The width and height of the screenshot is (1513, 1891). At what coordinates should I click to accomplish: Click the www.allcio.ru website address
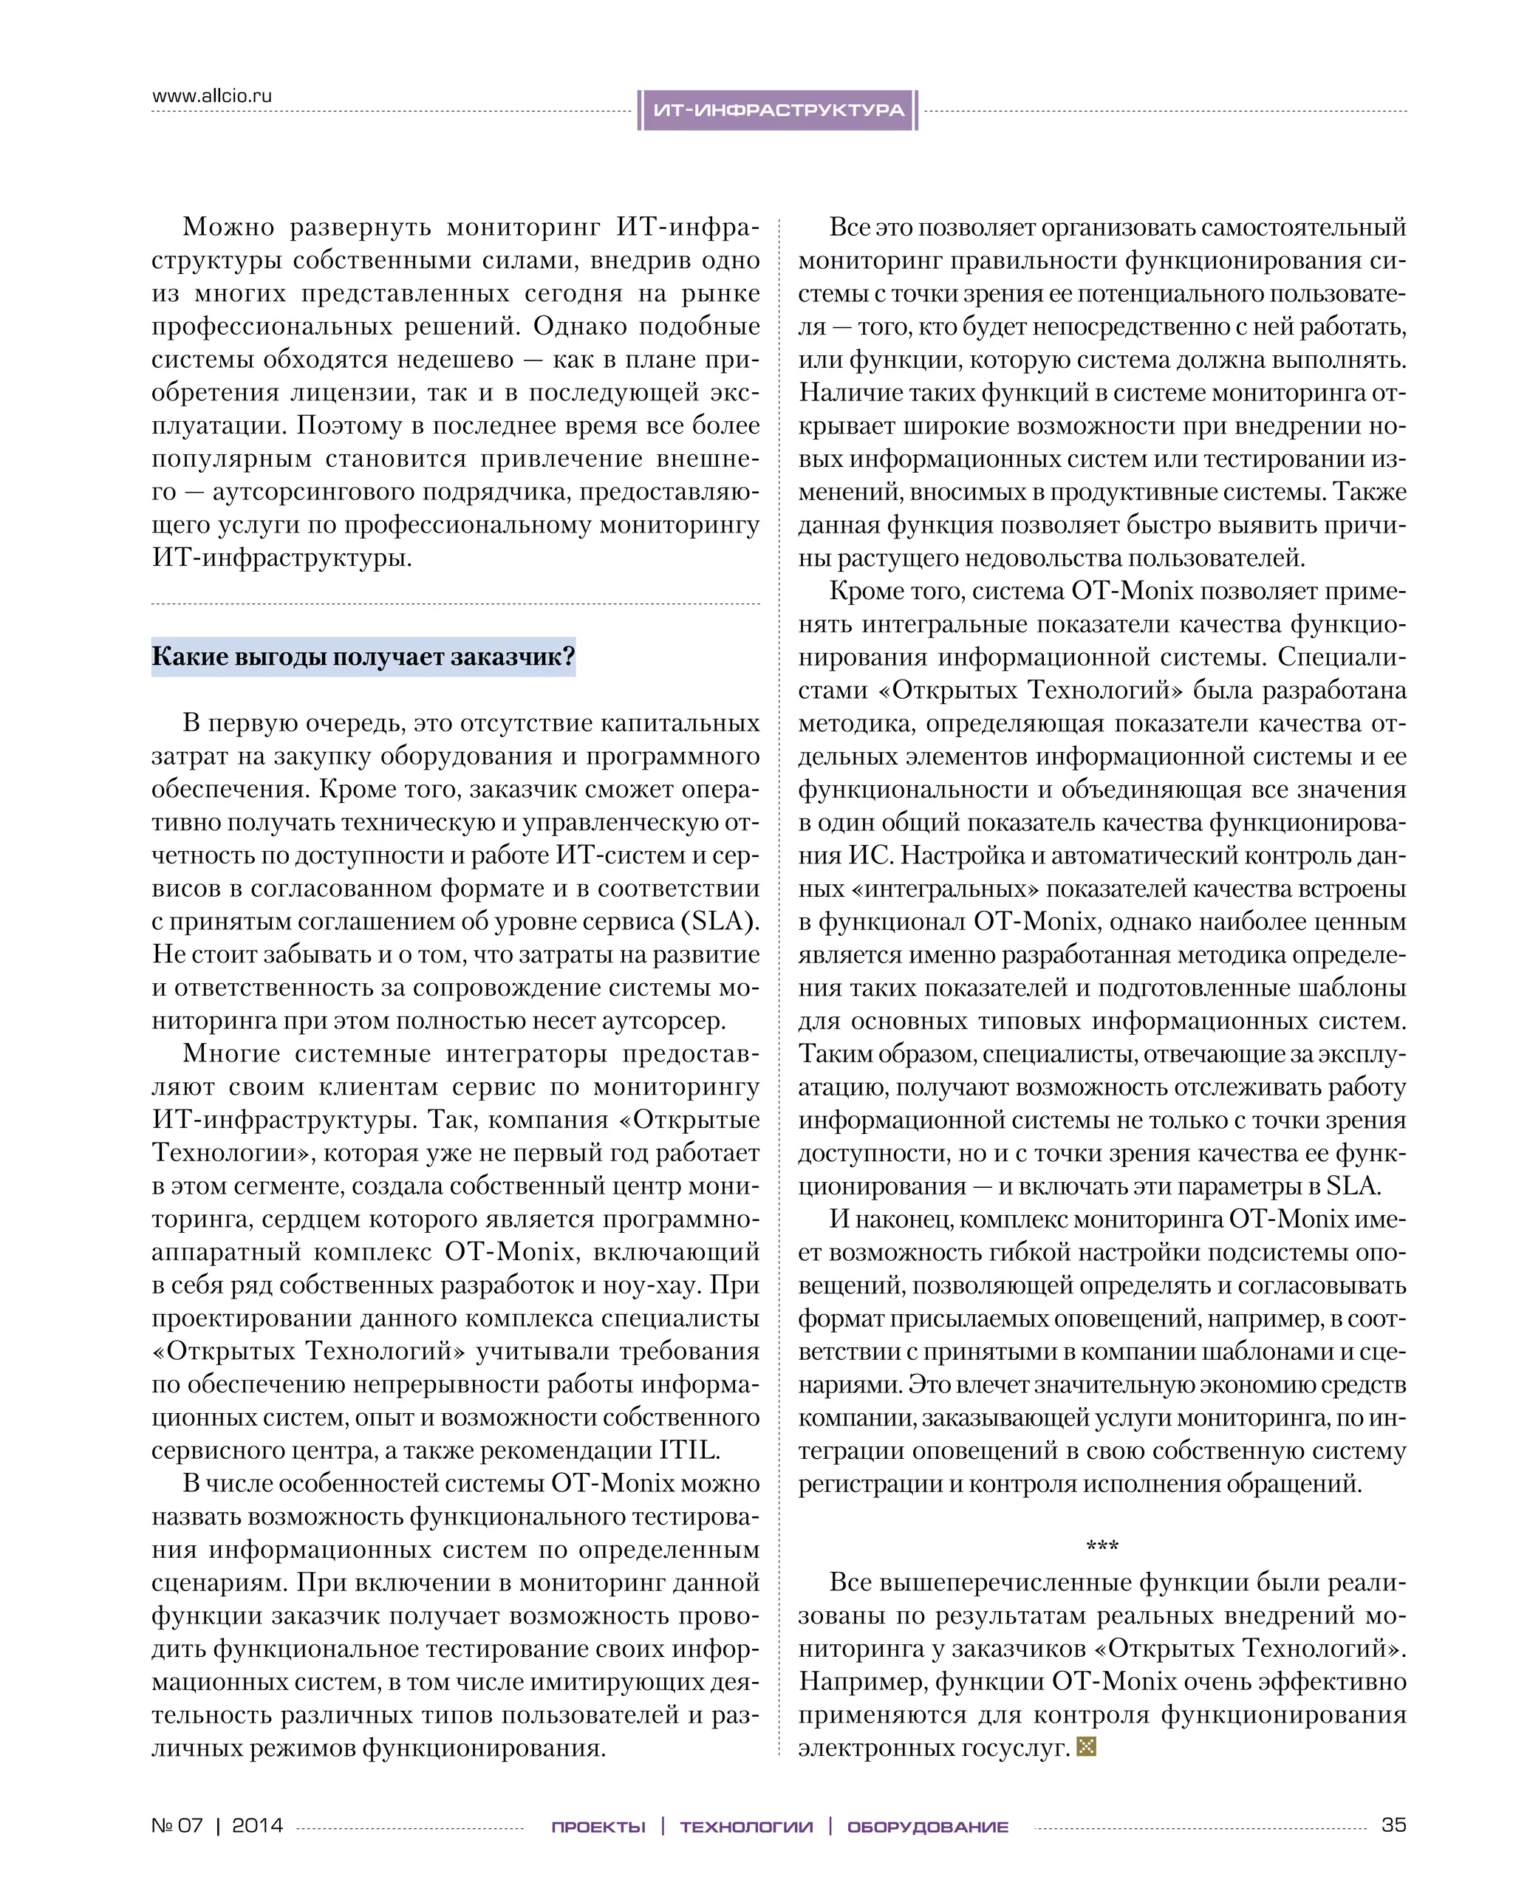pyautogui.click(x=212, y=95)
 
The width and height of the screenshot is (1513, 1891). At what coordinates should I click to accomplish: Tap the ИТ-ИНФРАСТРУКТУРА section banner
pyautogui.click(x=778, y=111)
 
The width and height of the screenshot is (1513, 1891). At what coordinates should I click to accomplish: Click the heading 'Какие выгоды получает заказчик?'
pyautogui.click(x=363, y=656)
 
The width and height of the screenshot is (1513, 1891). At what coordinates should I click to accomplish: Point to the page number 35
pyautogui.click(x=1393, y=1825)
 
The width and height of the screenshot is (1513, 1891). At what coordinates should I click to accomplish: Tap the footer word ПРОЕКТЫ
pyautogui.click(x=598, y=1827)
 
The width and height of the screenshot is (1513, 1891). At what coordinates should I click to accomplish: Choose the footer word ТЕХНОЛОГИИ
pyautogui.click(x=746, y=1827)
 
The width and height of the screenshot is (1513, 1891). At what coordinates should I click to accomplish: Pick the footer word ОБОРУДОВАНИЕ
pyautogui.click(x=928, y=1827)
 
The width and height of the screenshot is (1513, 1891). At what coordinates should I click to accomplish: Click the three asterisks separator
pyautogui.click(x=1102, y=1546)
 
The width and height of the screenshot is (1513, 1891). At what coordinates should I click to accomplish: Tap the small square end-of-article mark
pyautogui.click(x=1086, y=1746)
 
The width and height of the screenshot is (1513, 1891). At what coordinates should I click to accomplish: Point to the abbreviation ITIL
pyautogui.click(x=689, y=1450)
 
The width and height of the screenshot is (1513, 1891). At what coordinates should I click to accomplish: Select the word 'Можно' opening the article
pyautogui.click(x=228, y=228)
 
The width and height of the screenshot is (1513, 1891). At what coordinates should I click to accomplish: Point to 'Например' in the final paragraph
pyautogui.click(x=862, y=1681)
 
